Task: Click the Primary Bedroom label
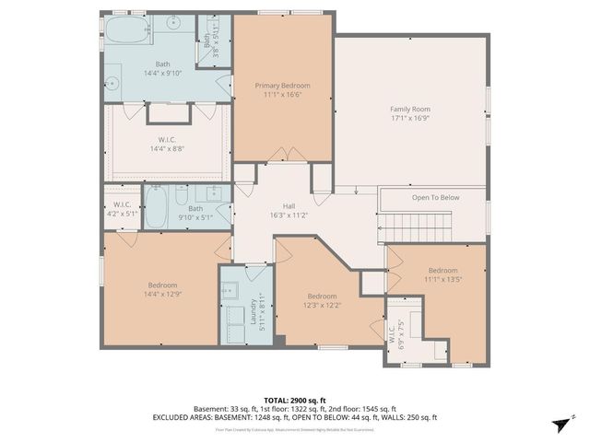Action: click(x=282, y=85)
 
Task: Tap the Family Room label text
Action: click(x=409, y=109)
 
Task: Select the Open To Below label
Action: click(x=435, y=197)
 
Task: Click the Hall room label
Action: click(x=289, y=206)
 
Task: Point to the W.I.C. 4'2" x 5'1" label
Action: click(x=123, y=208)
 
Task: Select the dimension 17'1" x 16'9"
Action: click(x=409, y=118)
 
